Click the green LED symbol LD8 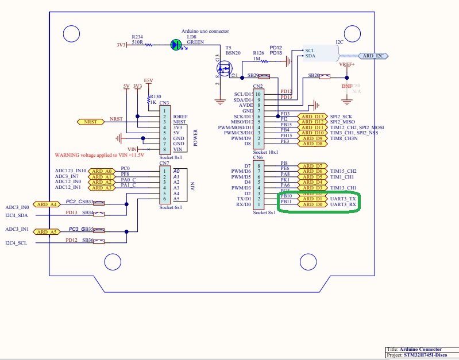[176, 44]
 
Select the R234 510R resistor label [137, 39]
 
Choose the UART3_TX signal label [344, 199]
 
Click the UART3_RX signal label [344, 204]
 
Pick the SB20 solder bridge [319, 76]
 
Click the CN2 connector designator [258, 86]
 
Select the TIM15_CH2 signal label [344, 171]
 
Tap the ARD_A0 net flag [102, 171]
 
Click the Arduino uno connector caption [205, 31]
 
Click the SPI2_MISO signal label [343, 122]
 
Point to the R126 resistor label [259, 52]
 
